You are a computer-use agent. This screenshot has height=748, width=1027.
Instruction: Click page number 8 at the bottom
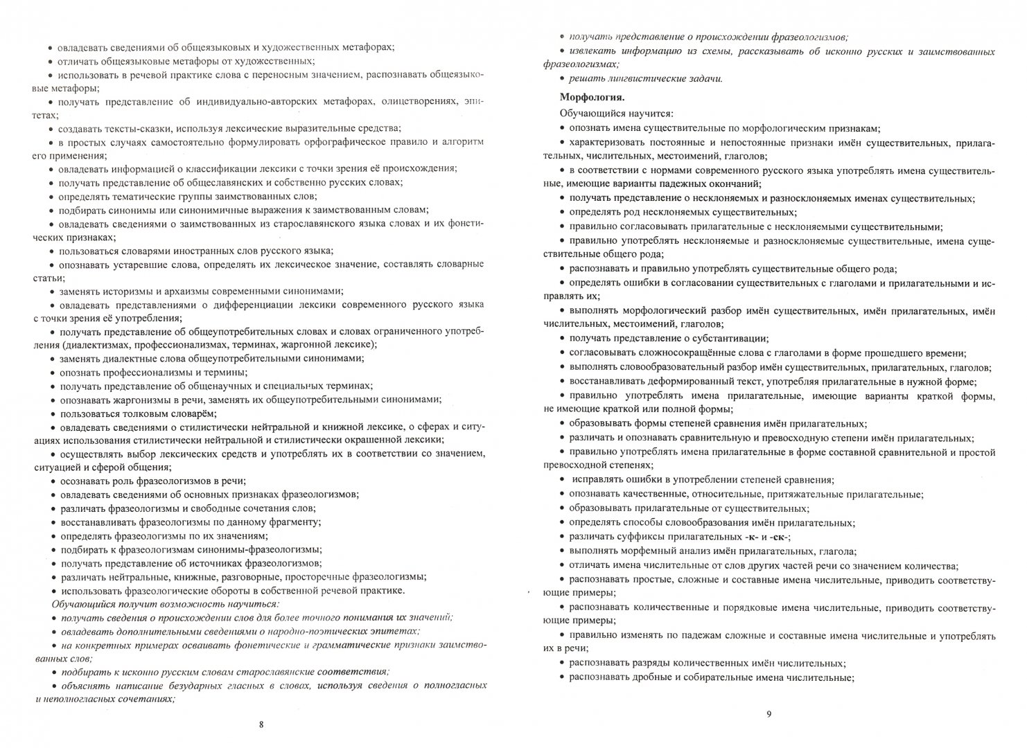(261, 725)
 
